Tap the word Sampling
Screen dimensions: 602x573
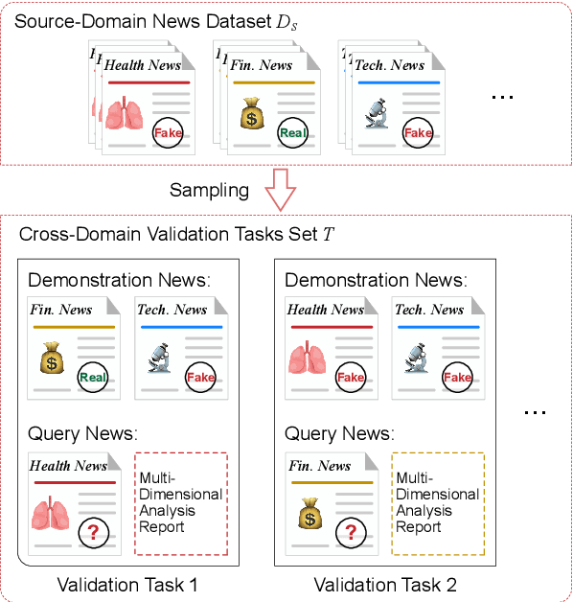(x=209, y=190)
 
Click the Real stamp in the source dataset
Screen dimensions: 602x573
(x=292, y=133)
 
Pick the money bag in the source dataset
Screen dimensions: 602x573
(x=252, y=119)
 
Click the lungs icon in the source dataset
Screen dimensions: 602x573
(x=125, y=117)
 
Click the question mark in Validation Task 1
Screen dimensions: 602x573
(x=93, y=533)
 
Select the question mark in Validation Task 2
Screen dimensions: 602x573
(x=352, y=533)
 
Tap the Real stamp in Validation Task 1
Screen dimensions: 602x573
(x=93, y=377)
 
